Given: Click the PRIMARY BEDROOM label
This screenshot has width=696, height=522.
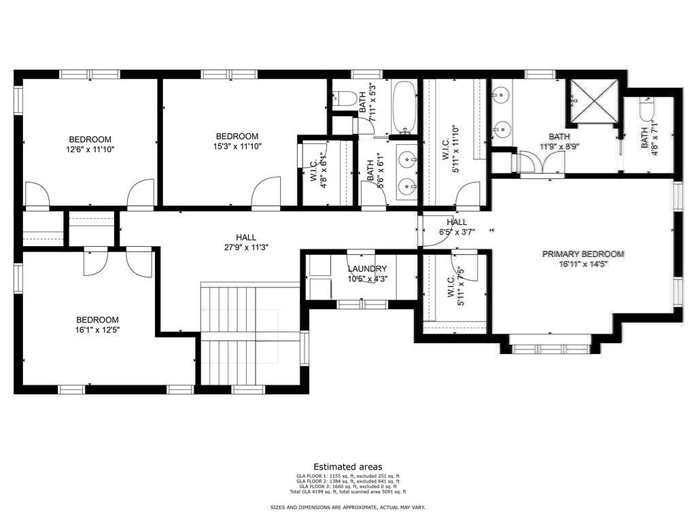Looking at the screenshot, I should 582,254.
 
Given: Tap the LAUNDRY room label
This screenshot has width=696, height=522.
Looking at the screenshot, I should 367,269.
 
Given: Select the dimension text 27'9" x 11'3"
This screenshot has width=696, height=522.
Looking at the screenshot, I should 246,247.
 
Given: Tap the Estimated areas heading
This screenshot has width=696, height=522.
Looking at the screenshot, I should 348,466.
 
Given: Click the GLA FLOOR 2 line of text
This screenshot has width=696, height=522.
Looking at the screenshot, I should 348,481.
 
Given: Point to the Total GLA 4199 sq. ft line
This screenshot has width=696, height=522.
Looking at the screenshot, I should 348,491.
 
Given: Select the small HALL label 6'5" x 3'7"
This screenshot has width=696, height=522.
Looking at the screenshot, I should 457,227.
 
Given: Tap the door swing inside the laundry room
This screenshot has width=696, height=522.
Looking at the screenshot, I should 362,262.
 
